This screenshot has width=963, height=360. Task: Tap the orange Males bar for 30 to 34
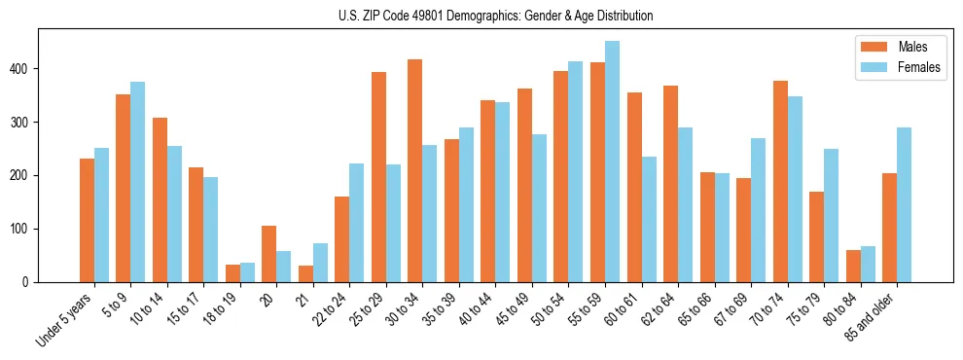point(415,170)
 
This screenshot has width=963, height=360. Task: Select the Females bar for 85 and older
point(905,205)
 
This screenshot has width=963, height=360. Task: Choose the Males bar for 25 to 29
point(378,177)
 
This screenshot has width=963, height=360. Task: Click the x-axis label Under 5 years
point(66,319)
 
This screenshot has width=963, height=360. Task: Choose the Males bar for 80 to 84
point(853,267)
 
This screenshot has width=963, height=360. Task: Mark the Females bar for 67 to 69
point(759,210)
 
